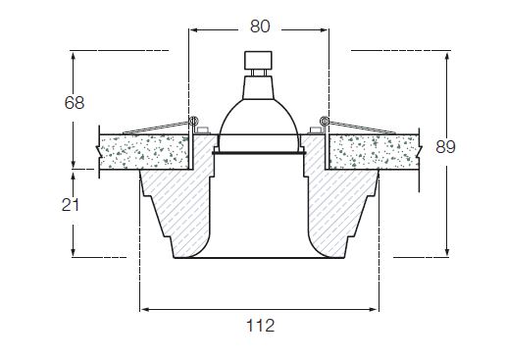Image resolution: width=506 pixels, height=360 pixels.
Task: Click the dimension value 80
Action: tap(260, 26)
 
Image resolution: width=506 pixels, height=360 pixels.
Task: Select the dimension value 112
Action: tap(260, 326)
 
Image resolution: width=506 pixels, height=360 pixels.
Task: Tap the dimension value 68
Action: tap(75, 103)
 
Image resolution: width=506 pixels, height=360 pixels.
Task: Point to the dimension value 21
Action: tap(71, 205)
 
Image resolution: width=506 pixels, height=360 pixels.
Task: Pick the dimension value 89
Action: tap(445, 147)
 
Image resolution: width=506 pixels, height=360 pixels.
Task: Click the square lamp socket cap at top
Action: tap(258, 60)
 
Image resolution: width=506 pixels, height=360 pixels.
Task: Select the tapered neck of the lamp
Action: tap(258, 87)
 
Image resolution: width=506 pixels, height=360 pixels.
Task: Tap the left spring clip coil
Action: tap(194, 121)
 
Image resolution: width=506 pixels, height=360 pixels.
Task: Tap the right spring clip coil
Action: tap(324, 121)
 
